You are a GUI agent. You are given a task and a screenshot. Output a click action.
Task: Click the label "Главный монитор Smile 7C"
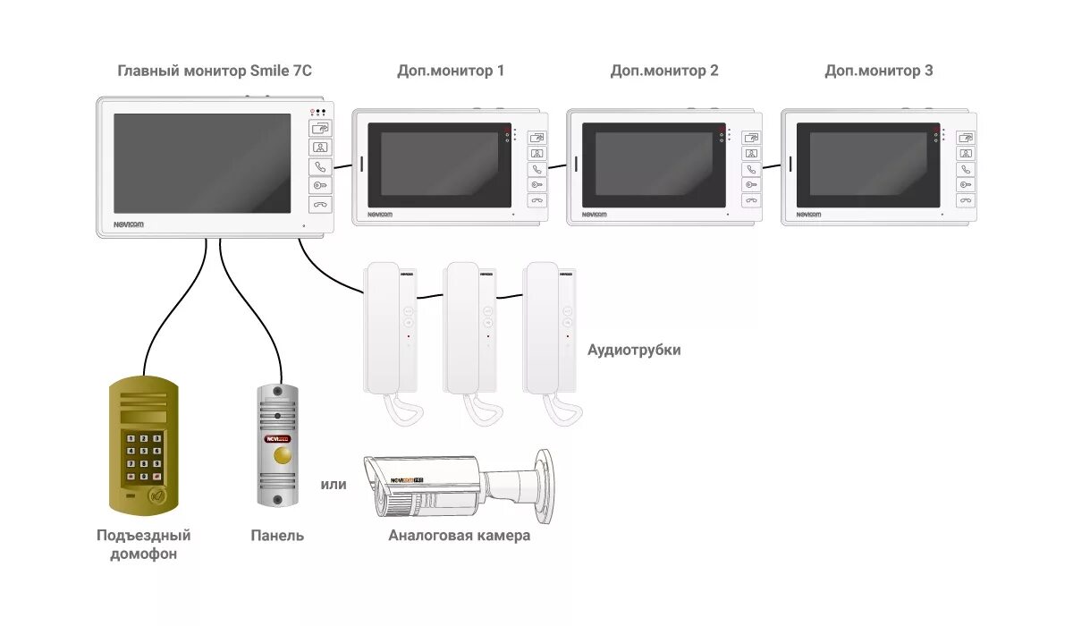tap(215, 71)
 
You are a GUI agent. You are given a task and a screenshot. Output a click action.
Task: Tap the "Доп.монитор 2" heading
tap(664, 71)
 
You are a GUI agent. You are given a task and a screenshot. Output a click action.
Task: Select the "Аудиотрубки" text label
tap(634, 350)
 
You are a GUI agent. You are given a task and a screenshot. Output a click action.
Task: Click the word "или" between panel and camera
tap(334, 485)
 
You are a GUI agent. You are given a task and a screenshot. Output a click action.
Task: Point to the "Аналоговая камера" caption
tap(460, 536)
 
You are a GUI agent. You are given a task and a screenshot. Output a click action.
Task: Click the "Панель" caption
tap(277, 536)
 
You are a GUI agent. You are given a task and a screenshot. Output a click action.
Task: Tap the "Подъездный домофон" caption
tap(144, 545)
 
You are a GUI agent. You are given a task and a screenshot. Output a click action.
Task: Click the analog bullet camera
tap(447, 487)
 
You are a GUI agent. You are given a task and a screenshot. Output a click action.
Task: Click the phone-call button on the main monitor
tap(320, 166)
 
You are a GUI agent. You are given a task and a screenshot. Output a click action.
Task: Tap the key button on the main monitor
tap(320, 185)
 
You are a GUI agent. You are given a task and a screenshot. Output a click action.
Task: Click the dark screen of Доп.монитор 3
tap(868, 164)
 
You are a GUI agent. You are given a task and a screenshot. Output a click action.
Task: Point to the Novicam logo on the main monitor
tap(129, 224)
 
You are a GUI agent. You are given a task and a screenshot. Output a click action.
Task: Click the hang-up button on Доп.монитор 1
tap(537, 200)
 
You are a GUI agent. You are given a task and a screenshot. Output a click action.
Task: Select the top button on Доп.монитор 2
tap(752, 138)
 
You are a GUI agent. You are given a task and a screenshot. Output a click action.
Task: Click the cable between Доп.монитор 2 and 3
tap(772, 165)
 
